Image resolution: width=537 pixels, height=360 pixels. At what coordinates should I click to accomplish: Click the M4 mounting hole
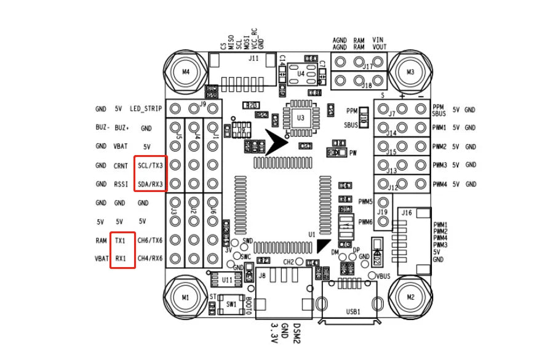click(x=187, y=72)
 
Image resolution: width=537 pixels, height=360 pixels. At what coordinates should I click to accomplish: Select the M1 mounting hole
click(x=187, y=297)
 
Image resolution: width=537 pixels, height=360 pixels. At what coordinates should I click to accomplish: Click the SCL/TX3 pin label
click(x=151, y=166)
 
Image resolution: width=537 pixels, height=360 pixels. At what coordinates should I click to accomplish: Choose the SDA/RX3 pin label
click(x=151, y=184)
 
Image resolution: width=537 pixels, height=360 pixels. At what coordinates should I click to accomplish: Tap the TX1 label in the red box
click(x=121, y=240)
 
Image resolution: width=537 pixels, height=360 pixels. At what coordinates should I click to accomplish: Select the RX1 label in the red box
click(x=121, y=258)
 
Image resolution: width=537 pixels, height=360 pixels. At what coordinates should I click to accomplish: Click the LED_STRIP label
click(x=146, y=109)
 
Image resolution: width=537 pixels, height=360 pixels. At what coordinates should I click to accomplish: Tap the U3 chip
click(x=300, y=117)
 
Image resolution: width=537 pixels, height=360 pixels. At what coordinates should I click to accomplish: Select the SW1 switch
click(x=231, y=304)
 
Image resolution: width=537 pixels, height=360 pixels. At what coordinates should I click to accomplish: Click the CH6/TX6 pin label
click(x=150, y=240)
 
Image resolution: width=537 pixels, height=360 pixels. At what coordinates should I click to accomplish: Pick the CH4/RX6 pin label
click(x=150, y=258)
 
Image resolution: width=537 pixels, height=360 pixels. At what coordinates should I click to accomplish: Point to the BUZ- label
click(x=103, y=128)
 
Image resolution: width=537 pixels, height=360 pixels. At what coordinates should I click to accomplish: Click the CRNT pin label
click(x=121, y=166)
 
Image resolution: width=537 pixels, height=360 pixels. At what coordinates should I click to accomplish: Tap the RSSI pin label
click(x=121, y=184)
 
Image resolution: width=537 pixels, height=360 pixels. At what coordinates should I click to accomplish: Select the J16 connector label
click(x=406, y=212)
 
